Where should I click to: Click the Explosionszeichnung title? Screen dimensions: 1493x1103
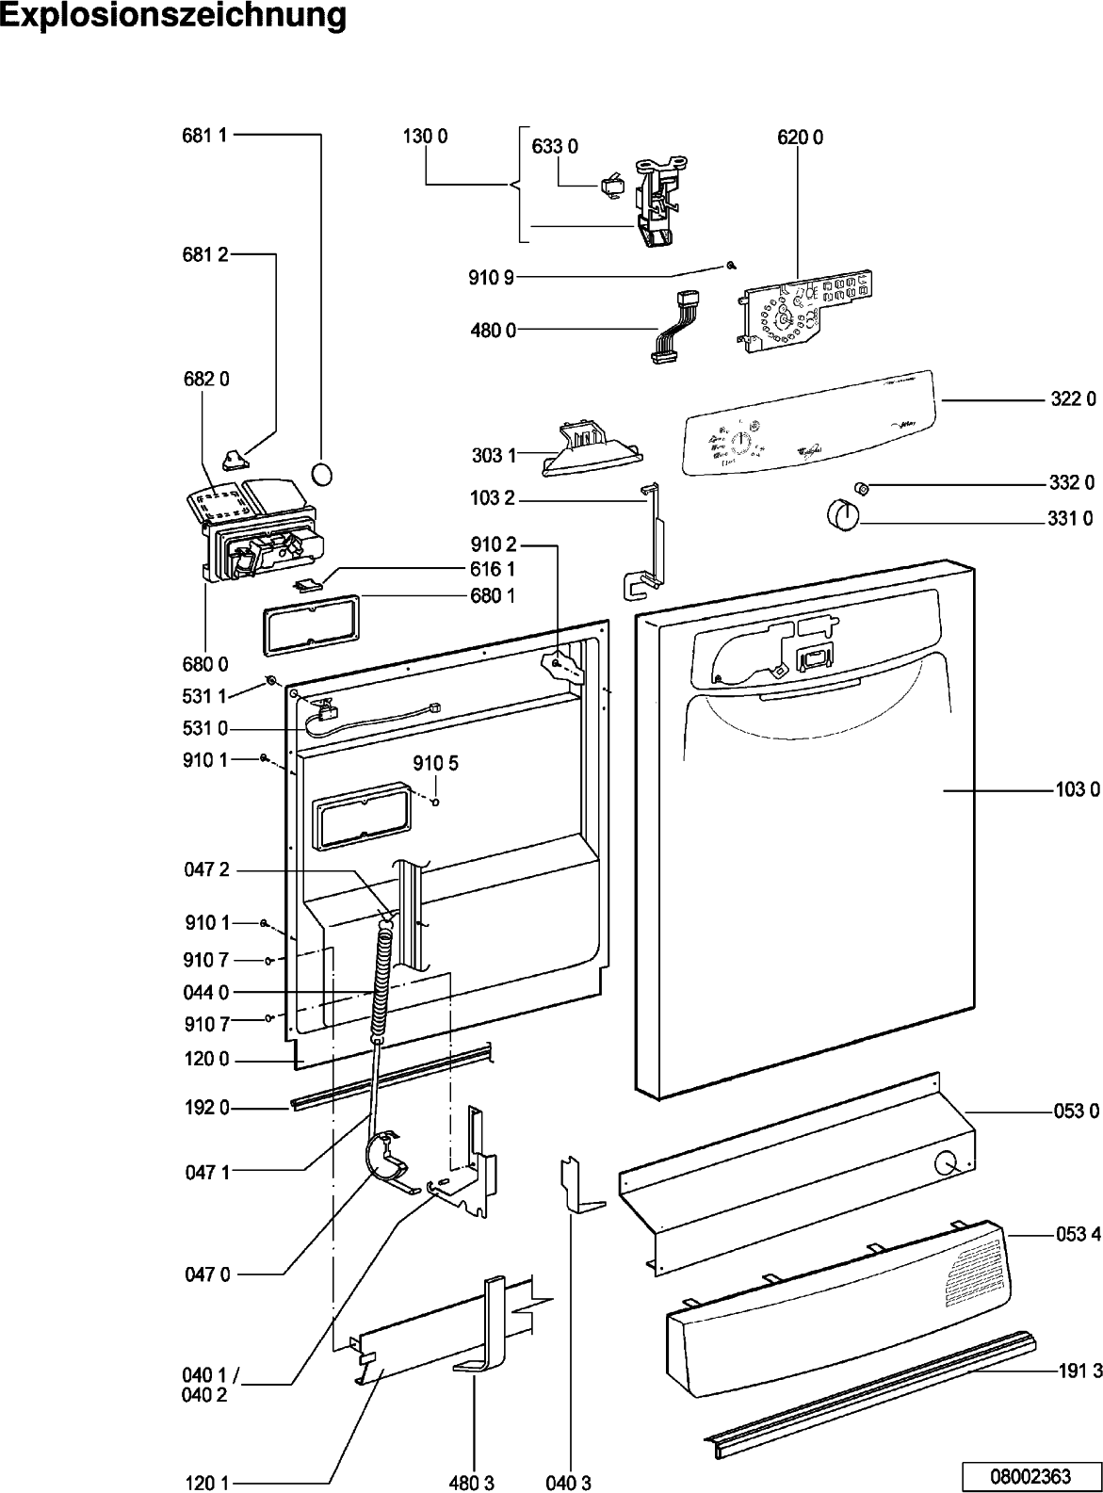[173, 16]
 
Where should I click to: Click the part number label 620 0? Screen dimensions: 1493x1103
[800, 138]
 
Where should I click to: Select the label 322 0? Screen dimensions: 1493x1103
[1073, 399]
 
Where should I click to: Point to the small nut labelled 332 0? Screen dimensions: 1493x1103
[860, 486]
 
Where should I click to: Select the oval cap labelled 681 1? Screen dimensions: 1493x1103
[322, 473]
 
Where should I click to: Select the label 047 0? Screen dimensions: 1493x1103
[207, 1274]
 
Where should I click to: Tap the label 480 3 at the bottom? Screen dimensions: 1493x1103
[472, 1483]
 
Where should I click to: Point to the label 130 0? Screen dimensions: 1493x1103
[426, 138]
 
